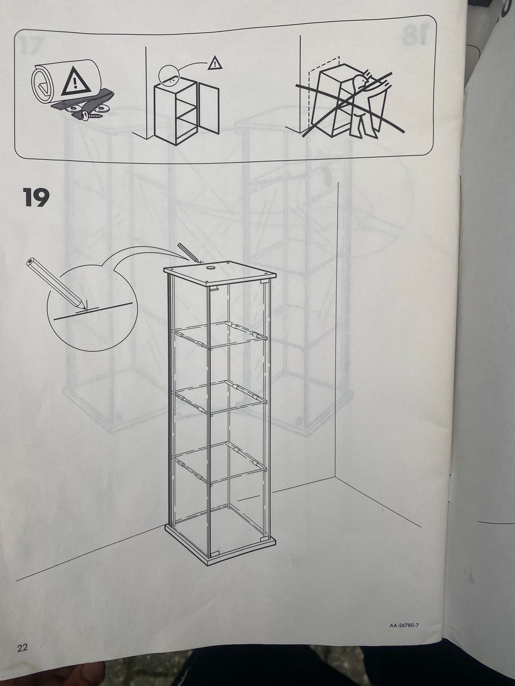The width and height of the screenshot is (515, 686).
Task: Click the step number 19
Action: tap(36, 198)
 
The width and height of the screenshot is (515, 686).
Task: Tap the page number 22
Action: tap(22, 647)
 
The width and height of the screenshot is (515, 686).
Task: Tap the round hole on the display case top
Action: tap(210, 267)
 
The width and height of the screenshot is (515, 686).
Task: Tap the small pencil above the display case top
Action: tap(188, 252)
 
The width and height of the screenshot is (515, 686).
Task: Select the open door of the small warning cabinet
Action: tap(209, 107)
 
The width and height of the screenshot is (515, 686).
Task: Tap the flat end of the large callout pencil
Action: tap(31, 261)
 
